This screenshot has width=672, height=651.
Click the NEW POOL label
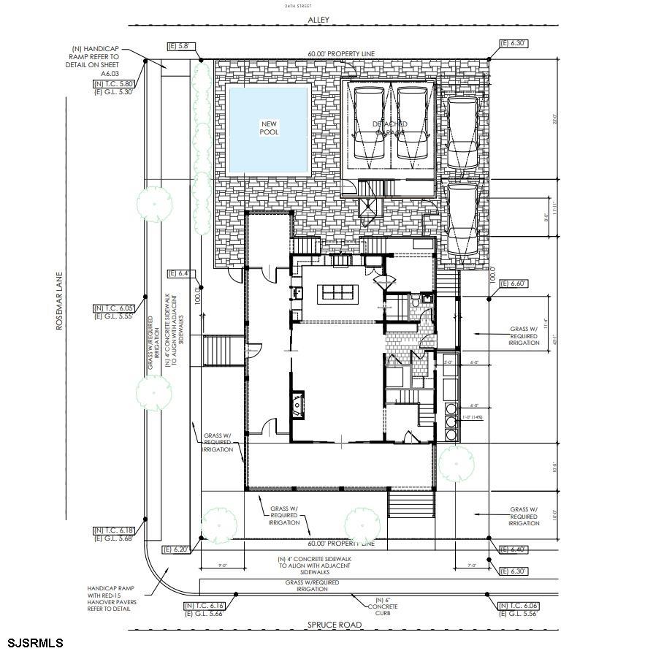click(268, 129)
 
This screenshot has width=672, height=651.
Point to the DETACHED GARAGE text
click(390, 129)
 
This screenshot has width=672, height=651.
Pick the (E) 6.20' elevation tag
click(177, 549)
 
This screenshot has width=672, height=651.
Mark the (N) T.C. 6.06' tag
click(515, 606)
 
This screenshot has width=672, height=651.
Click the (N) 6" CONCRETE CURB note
click(383, 606)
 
